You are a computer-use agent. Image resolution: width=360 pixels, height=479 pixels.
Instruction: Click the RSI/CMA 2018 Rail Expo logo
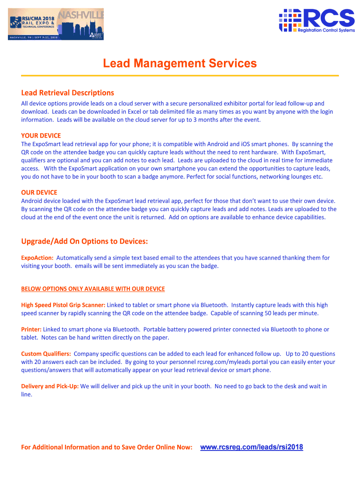click(x=56, y=24)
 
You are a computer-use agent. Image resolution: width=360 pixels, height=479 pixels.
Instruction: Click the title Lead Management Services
click(x=180, y=63)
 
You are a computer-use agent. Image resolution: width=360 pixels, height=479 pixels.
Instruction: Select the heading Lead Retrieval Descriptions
click(x=67, y=93)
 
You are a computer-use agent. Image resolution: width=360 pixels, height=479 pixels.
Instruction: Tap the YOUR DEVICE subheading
click(x=41, y=136)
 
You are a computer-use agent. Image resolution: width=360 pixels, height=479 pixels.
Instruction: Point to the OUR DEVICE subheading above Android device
click(x=39, y=192)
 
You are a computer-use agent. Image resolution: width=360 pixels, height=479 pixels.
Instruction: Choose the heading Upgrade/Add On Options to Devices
click(x=85, y=241)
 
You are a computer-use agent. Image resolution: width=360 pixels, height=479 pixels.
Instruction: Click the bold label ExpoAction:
click(x=37, y=258)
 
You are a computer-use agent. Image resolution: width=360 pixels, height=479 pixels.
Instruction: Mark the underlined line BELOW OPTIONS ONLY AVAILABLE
click(x=93, y=289)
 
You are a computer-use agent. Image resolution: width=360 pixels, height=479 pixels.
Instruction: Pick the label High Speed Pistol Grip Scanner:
click(x=63, y=305)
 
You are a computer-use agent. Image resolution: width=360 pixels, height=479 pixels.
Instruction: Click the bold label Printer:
click(x=31, y=329)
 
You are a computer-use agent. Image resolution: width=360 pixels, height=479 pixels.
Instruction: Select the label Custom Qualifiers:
click(x=46, y=354)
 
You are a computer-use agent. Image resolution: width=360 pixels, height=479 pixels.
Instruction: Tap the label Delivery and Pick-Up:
click(x=50, y=386)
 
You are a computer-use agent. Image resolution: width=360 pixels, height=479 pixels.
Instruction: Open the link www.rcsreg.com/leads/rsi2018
click(x=252, y=447)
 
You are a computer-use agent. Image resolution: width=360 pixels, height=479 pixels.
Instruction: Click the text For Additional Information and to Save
click(x=107, y=448)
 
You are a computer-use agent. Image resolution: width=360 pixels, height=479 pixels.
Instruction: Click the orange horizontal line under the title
click(x=180, y=76)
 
